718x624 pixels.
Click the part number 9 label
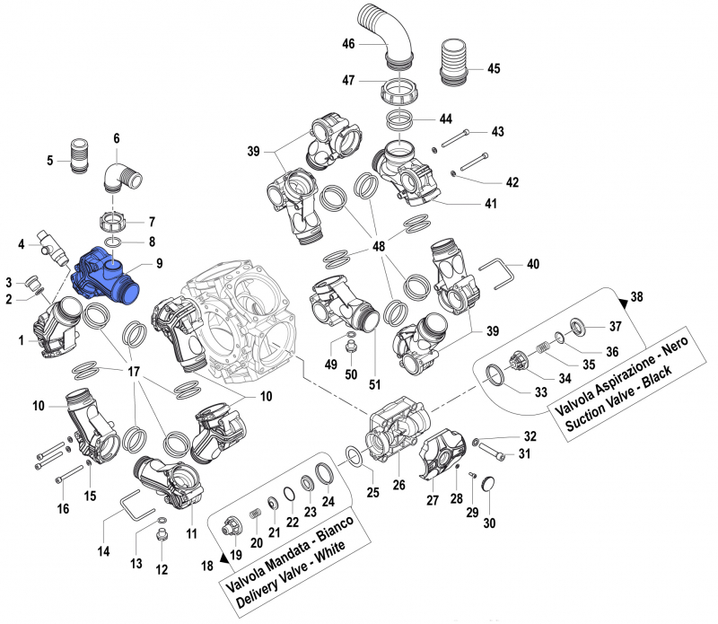pos(158,264)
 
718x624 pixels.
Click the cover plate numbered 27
pos(443,453)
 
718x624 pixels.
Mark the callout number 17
pos(134,372)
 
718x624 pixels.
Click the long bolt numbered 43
pos(462,136)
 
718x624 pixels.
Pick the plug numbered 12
pos(162,536)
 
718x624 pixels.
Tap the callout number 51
pos(375,384)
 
